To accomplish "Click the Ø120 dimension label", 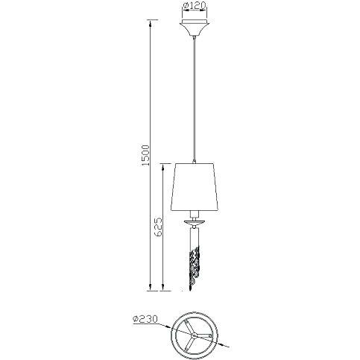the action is (x=195, y=6).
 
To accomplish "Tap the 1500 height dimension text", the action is (x=145, y=155).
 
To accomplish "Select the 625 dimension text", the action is (x=158, y=227).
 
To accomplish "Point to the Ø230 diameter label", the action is (x=145, y=319).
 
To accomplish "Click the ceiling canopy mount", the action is (x=195, y=28).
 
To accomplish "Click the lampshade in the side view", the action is (x=195, y=187).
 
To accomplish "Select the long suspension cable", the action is (x=195, y=99).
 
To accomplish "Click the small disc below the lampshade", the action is (x=195, y=221).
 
